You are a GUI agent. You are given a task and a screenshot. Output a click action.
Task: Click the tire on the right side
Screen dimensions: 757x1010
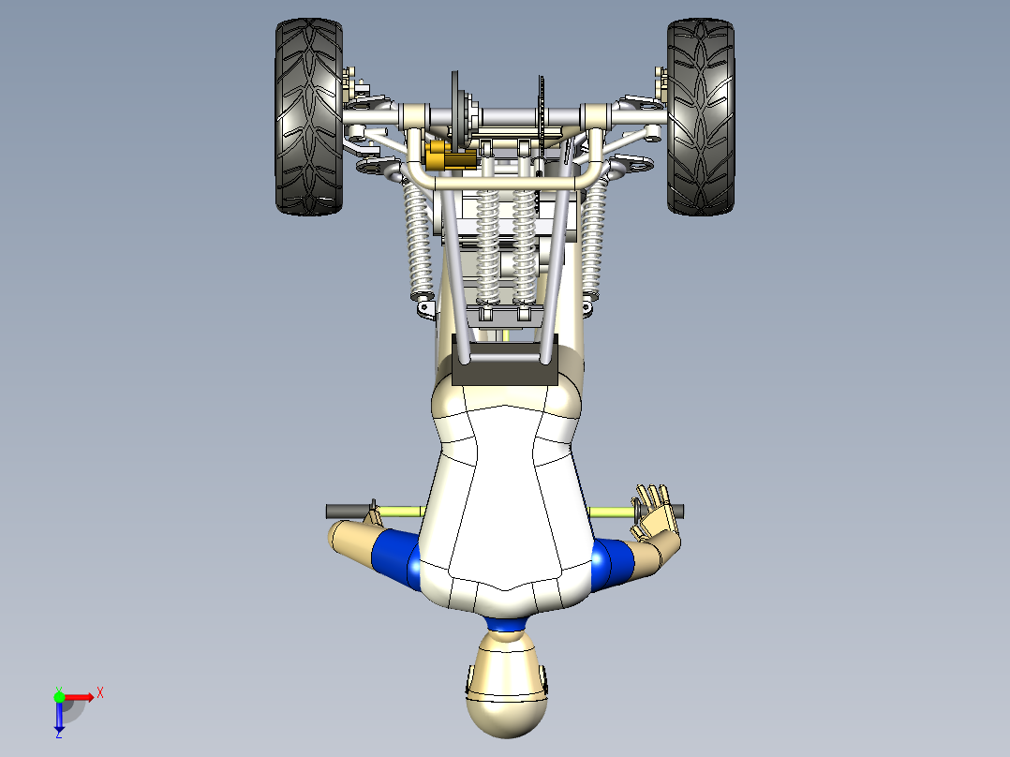[x=701, y=117]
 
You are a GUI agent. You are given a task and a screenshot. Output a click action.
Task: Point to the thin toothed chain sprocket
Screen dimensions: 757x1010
[x=541, y=117]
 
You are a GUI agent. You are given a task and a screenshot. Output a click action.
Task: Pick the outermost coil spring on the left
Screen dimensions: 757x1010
[x=417, y=239]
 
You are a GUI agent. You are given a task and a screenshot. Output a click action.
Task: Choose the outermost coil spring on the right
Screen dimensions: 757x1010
[x=593, y=239]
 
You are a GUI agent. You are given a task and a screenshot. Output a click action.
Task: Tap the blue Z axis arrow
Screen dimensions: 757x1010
[x=59, y=718]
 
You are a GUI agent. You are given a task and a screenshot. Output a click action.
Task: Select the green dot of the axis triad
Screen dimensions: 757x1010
[x=59, y=696]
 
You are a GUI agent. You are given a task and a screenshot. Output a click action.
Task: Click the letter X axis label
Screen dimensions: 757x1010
[x=100, y=693]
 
